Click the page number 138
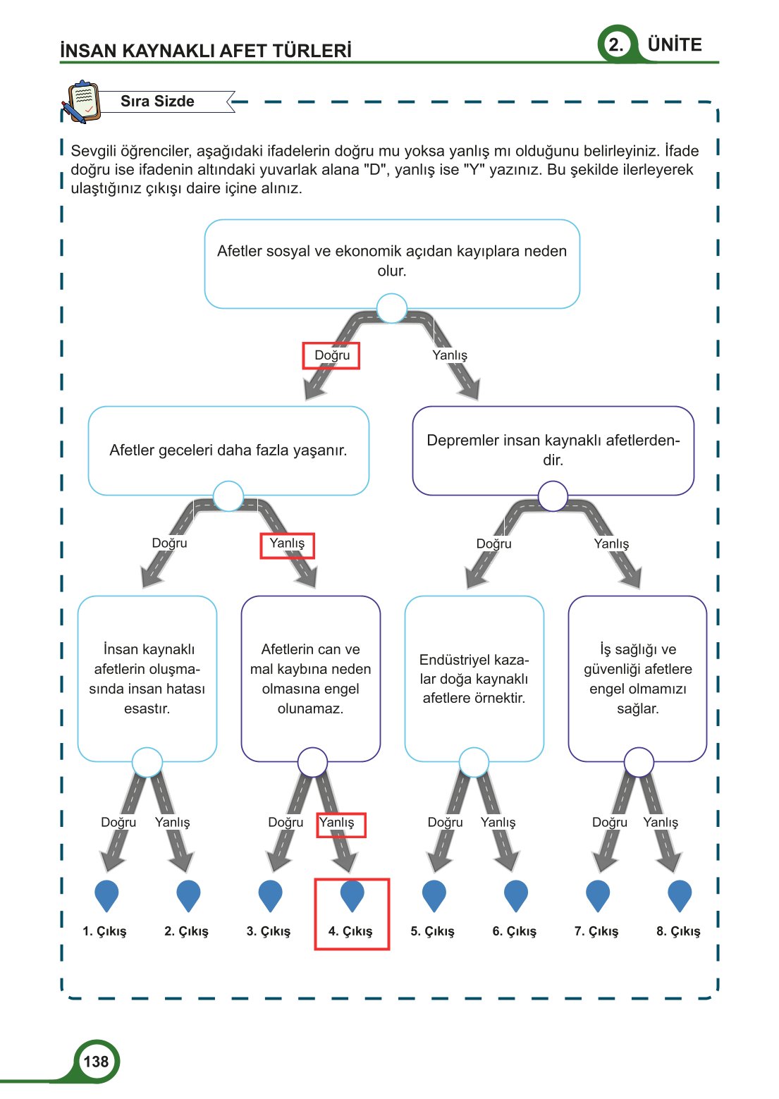(96, 1062)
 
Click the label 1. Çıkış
(104, 931)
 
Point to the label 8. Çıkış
(678, 931)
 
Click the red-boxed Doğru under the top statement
(331, 355)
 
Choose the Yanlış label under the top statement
(450, 355)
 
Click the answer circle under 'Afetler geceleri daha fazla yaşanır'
(228, 496)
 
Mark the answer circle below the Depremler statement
(553, 496)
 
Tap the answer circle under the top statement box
(392, 309)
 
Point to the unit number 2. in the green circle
(615, 45)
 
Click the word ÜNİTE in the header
(675, 45)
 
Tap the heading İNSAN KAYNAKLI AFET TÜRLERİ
(206, 51)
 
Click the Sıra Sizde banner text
(157, 102)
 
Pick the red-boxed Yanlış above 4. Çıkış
(337, 823)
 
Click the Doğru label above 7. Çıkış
(609, 823)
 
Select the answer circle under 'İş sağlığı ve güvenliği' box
(639, 762)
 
